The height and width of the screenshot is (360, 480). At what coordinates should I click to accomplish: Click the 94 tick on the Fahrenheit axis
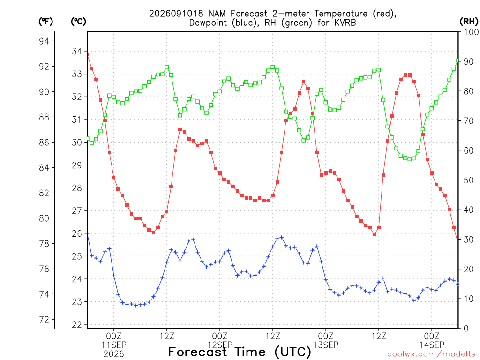[44, 41]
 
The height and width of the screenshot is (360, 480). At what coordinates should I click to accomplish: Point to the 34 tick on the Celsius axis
[77, 51]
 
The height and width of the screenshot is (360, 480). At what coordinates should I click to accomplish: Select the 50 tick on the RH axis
[469, 180]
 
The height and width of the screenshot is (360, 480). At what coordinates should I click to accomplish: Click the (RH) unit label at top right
[469, 21]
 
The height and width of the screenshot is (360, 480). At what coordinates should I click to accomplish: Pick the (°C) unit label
[79, 22]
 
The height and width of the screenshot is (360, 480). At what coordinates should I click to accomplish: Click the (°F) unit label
[45, 22]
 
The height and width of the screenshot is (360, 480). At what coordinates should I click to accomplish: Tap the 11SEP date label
[114, 345]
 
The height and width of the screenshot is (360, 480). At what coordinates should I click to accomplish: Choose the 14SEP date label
[432, 345]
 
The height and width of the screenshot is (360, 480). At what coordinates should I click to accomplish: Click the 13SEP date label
[326, 345]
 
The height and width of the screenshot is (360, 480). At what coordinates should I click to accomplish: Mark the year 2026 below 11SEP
[114, 354]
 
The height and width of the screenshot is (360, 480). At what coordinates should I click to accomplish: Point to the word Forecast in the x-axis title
[198, 352]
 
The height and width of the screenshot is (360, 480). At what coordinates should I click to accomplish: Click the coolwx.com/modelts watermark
[431, 354]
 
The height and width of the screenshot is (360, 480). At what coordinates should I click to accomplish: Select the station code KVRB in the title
[345, 22]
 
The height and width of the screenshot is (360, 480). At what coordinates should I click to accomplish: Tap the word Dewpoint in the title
[208, 22]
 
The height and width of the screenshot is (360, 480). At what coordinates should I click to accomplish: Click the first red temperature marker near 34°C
[88, 55]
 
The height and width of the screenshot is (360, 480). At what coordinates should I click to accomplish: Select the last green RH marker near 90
[458, 60]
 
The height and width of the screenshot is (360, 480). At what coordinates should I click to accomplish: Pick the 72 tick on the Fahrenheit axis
[44, 320]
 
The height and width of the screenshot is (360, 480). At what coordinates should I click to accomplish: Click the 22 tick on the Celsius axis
[77, 325]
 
